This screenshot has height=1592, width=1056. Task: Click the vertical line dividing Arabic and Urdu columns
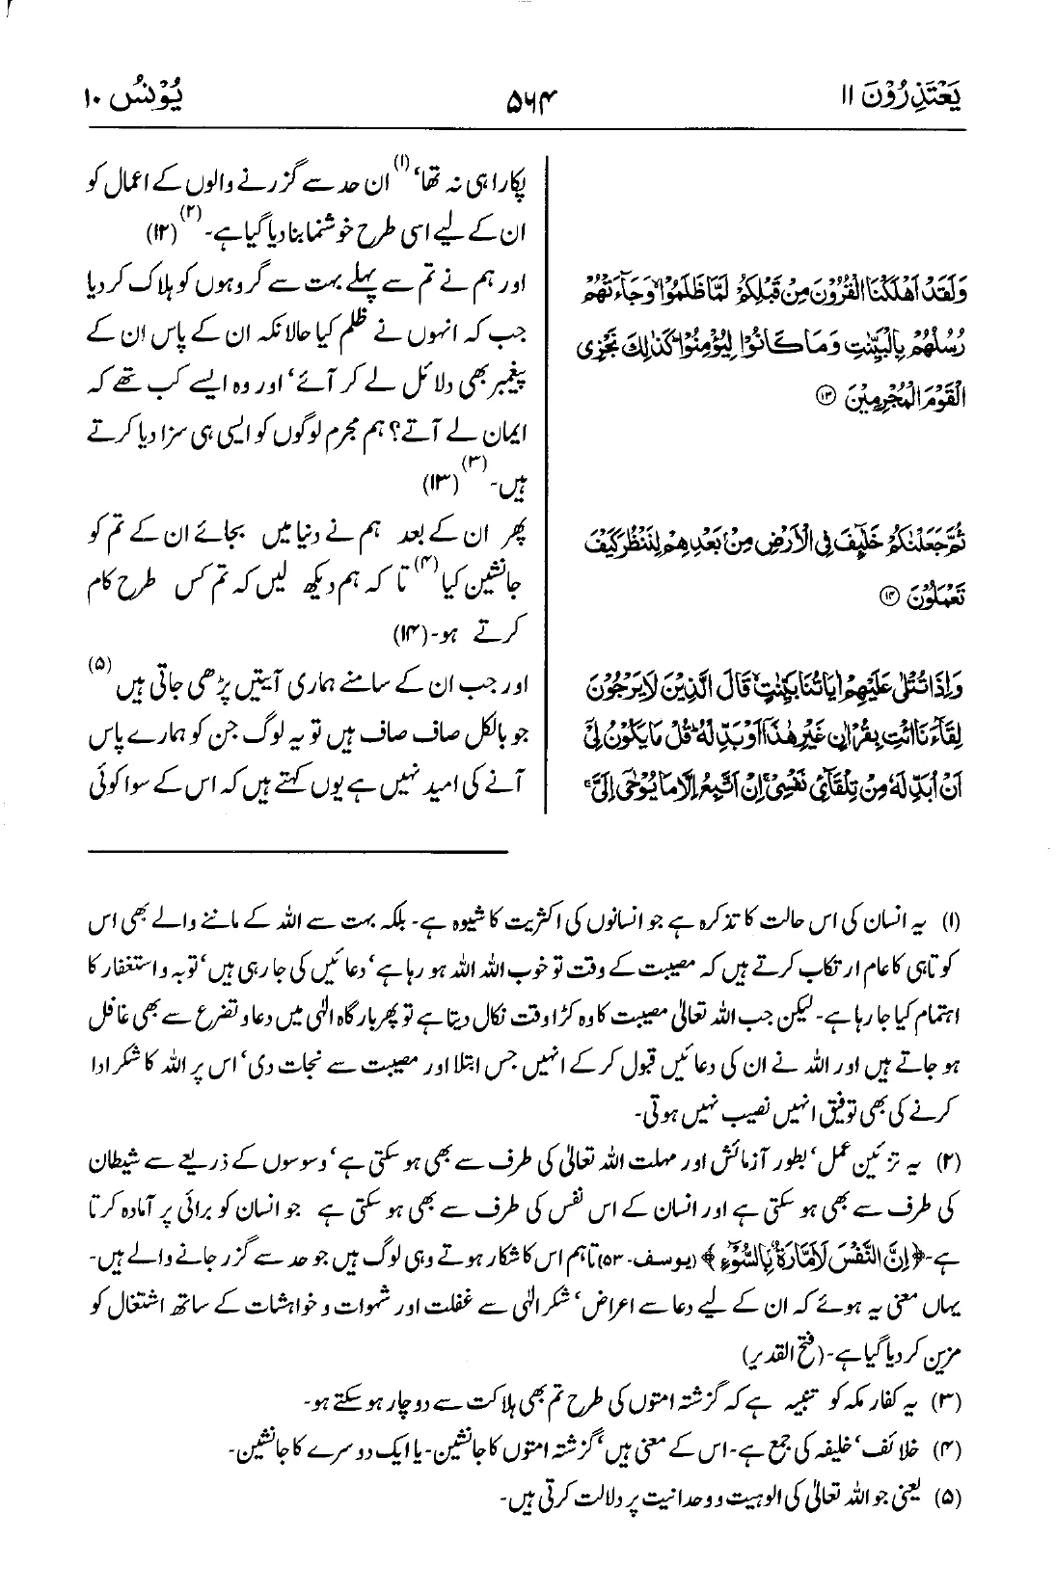tap(549, 482)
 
